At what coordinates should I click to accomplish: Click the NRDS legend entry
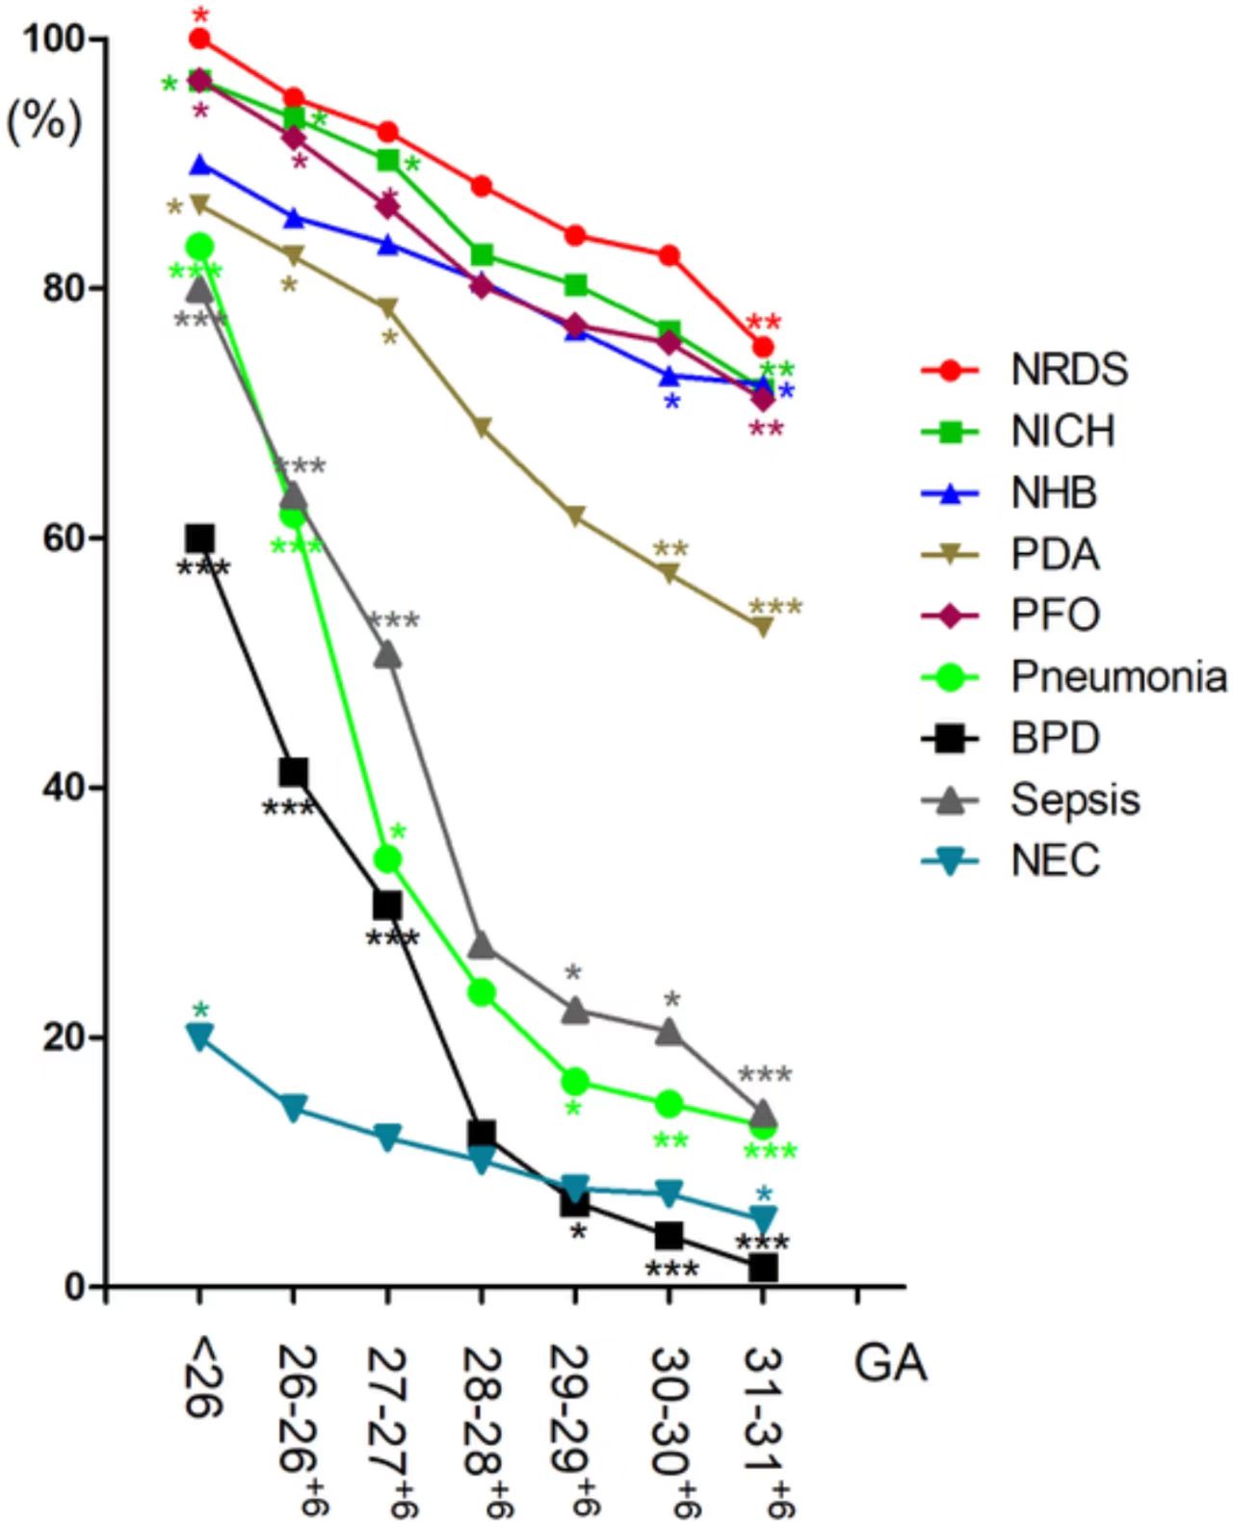[1068, 370]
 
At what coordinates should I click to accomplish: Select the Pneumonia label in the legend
[1118, 677]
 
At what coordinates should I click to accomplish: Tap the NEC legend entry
[1055, 860]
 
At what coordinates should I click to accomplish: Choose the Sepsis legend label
[1075, 800]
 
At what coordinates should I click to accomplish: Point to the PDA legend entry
[1055, 555]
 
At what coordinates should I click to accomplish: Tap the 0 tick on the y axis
[75, 1287]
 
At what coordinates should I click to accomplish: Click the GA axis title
[890, 1364]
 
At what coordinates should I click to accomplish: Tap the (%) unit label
[44, 122]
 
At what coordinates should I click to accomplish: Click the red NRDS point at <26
[199, 39]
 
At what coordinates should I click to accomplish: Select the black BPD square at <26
[199, 538]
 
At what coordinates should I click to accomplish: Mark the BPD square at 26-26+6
[294, 773]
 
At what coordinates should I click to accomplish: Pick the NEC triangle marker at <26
[199, 1037]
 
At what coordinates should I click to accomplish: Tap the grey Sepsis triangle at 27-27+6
[387, 655]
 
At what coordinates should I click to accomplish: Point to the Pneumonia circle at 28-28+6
[482, 993]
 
